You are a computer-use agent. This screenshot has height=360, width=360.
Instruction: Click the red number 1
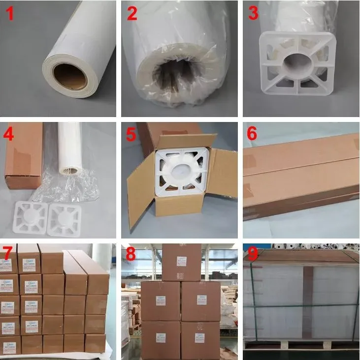(x=10, y=14)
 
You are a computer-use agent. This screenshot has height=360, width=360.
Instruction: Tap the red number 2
(x=131, y=14)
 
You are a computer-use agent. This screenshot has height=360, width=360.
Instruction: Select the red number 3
(x=253, y=13)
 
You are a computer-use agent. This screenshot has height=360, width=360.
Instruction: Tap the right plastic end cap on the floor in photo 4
(x=64, y=216)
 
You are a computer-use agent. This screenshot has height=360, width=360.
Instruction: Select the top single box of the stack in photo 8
(x=181, y=262)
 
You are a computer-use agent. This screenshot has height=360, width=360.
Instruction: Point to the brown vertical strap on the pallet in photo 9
(x=307, y=302)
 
